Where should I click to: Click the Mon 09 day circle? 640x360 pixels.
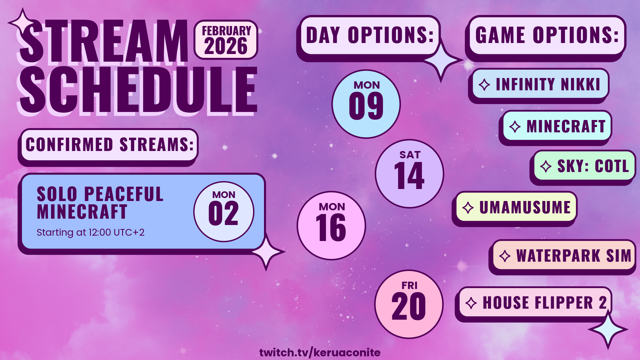point(366,104)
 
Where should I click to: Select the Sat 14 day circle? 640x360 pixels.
point(409,174)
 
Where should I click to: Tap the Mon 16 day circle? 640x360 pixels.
point(331,226)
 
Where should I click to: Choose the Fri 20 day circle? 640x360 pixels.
point(409,304)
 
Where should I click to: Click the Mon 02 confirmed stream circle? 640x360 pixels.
point(224,212)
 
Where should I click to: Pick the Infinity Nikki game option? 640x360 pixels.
point(540,84)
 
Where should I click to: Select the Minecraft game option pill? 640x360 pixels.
point(557,126)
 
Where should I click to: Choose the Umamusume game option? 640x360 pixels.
point(516,207)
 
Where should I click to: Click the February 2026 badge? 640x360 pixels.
point(226,40)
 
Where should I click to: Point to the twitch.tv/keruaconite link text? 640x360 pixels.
point(320,352)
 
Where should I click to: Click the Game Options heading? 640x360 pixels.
point(547,35)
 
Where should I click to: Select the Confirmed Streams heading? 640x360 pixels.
point(110,145)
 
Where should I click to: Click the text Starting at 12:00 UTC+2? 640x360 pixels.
point(90,232)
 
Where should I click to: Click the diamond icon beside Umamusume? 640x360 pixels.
point(468,208)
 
